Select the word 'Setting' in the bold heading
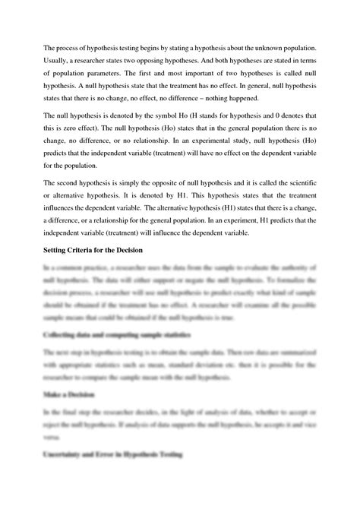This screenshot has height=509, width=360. (x=56, y=250)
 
